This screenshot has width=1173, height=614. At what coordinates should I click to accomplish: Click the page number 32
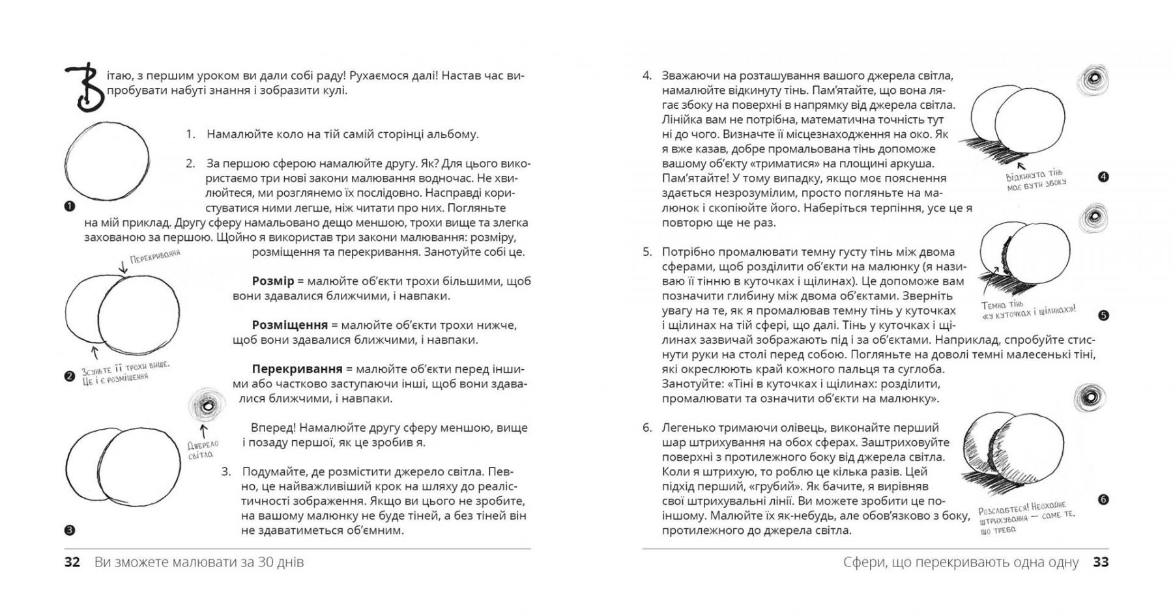(72, 562)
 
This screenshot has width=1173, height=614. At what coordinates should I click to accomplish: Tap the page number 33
(1101, 562)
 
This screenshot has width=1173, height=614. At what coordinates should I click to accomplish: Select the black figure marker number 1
(70, 206)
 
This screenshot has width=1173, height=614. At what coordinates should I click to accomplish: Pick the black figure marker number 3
(70, 530)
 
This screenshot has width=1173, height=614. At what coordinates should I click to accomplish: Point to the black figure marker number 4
(1103, 177)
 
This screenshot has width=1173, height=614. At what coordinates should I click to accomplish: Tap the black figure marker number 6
(1103, 500)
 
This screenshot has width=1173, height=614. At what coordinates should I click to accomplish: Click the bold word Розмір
(273, 281)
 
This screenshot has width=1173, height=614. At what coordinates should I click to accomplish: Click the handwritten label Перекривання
(155, 257)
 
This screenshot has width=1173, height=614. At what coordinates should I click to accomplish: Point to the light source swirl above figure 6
(1091, 397)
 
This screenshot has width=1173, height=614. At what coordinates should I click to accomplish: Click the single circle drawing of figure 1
(107, 161)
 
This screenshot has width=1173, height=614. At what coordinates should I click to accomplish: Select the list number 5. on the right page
(647, 252)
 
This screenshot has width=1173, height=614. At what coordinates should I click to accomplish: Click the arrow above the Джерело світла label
(204, 430)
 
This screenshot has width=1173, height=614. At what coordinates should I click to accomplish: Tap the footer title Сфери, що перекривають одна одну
(961, 562)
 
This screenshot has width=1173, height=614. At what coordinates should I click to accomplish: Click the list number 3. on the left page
(226, 471)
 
